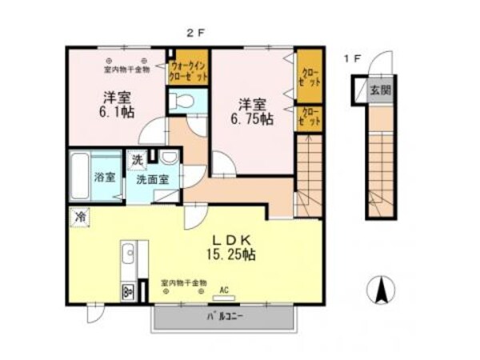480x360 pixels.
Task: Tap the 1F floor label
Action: (352, 58)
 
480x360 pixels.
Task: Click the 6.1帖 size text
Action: (117, 114)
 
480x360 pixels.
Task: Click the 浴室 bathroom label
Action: (105, 177)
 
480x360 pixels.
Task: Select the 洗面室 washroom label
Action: (152, 179)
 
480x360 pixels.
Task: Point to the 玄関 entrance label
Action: (379, 90)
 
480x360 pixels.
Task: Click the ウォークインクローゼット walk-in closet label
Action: (189, 66)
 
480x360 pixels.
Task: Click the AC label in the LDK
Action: (224, 289)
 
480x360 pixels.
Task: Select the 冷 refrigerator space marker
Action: (80, 216)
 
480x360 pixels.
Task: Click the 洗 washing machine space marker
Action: (138, 159)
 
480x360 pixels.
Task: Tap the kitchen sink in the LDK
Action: (129, 256)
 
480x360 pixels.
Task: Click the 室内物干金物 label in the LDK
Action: (183, 282)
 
